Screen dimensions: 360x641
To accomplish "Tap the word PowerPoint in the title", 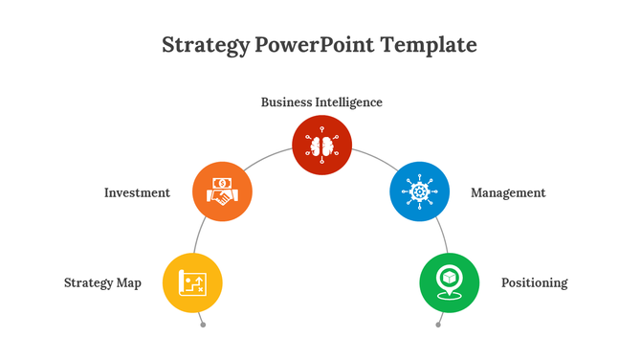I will click(313, 45).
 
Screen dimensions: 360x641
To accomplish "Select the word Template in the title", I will click(429, 45).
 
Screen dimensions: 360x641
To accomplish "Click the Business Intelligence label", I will click(321, 102).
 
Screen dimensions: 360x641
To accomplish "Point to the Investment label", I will click(137, 192).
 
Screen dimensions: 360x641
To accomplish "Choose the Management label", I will click(508, 192).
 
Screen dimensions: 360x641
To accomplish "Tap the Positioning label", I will click(534, 282).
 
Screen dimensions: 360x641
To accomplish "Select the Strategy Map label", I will click(102, 282).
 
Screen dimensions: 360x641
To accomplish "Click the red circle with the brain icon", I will click(321, 146).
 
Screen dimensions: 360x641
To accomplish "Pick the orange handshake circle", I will click(222, 191).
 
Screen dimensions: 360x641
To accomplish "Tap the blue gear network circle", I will click(419, 191).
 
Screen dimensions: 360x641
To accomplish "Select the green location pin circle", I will click(449, 282).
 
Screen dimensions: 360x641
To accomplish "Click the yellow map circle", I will click(193, 282).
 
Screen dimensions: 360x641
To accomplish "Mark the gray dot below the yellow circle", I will click(203, 325).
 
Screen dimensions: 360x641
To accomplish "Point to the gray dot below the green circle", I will click(438, 325).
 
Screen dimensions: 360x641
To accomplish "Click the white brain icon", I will click(321, 146).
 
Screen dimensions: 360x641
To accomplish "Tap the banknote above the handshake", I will click(222, 182).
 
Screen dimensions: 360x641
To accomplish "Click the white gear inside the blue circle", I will click(419, 191).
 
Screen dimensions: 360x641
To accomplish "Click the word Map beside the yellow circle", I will click(129, 282).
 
